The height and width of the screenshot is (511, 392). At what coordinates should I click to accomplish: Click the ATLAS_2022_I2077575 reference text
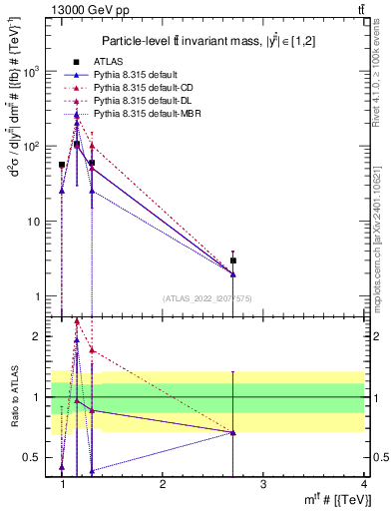tap(206, 298)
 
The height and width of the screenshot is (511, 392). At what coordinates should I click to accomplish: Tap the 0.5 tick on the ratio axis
tap(32, 457)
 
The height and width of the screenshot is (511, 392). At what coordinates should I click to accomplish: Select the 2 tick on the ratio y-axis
tap(38, 336)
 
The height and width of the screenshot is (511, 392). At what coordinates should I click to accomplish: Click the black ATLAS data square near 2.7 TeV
tap(233, 260)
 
